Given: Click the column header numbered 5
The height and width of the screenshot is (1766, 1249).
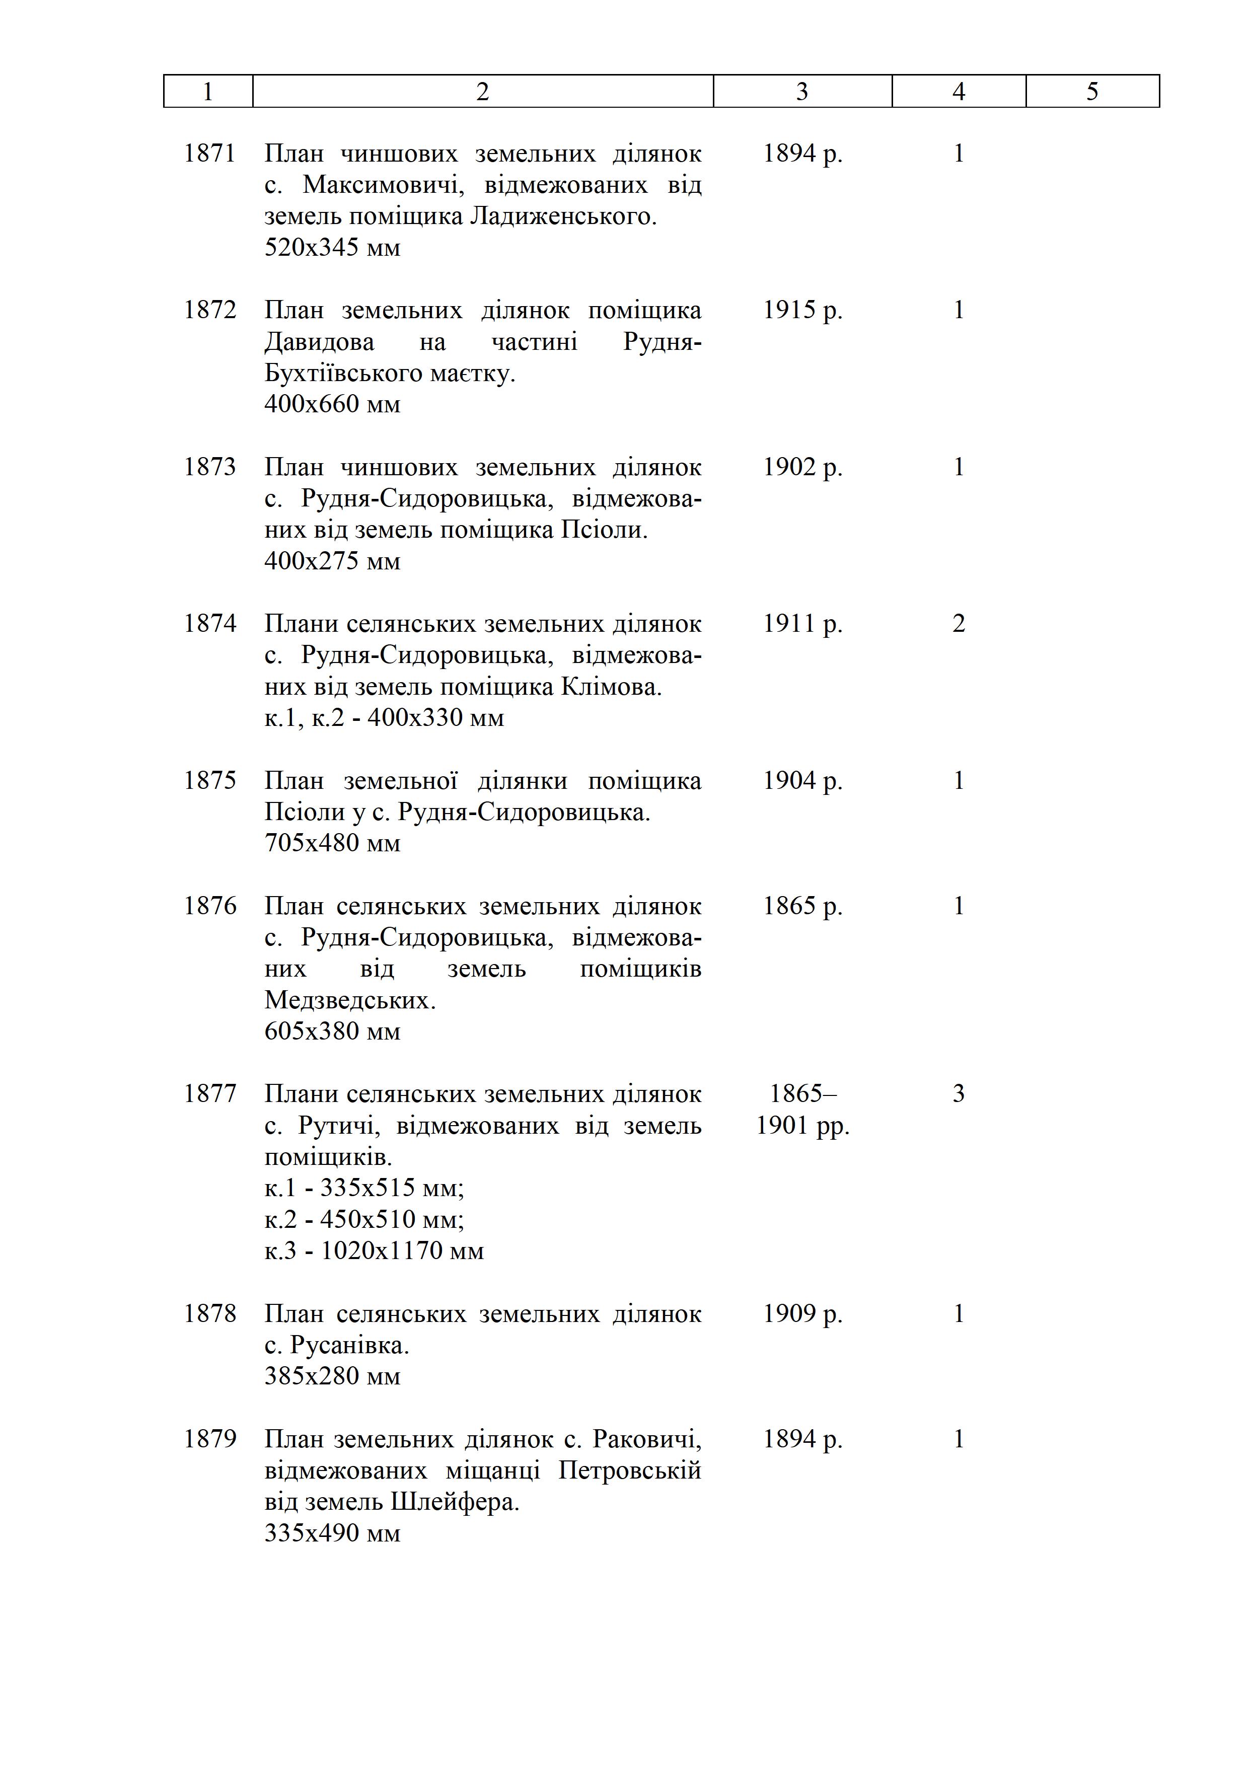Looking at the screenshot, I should [1092, 92].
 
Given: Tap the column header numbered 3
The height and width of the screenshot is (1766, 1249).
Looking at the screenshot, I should [802, 92].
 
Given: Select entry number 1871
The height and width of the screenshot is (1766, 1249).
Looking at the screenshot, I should [209, 154].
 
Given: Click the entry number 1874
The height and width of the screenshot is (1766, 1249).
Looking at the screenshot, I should [209, 624].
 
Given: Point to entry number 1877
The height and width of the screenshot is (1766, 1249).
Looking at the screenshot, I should [209, 1094].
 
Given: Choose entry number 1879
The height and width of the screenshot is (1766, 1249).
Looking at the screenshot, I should [209, 1439].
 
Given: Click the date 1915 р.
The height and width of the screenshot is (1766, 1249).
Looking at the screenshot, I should [802, 310].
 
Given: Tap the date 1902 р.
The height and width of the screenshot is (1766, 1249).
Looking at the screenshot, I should [802, 467].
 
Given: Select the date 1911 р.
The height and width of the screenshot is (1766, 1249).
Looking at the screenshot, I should [802, 624].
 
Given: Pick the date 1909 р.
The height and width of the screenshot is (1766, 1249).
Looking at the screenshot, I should [802, 1314].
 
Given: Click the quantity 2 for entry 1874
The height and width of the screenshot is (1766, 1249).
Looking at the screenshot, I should [959, 624].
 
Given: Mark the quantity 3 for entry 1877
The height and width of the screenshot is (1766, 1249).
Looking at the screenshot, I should [959, 1094].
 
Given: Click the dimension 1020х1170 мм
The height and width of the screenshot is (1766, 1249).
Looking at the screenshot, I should [401, 1250].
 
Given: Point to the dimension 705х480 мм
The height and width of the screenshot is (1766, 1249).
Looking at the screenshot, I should [332, 844].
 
